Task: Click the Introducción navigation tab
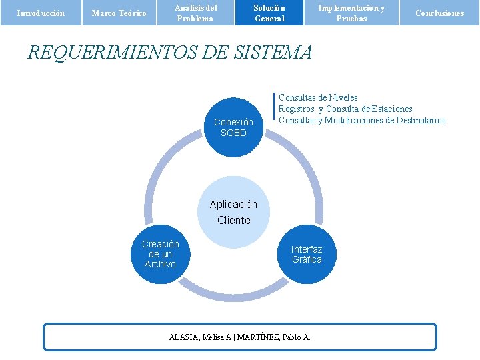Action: [41, 13]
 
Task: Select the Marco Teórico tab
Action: [119, 13]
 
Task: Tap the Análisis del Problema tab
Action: [195, 13]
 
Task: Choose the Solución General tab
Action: [269, 13]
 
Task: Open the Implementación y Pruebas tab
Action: [351, 13]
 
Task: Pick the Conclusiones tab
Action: [439, 13]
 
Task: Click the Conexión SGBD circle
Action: [233, 127]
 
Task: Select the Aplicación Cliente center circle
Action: [233, 212]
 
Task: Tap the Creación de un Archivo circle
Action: [160, 254]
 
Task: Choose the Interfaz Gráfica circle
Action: [307, 254]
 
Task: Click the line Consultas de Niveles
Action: [318, 98]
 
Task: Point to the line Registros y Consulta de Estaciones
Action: [345, 109]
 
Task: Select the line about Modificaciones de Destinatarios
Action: [362, 120]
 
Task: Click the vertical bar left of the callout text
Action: [275, 109]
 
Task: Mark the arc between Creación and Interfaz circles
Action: [233, 291]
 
